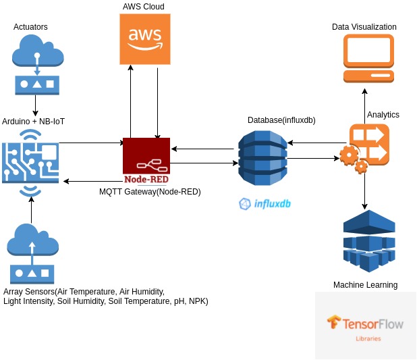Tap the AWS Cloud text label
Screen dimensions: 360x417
click(143, 7)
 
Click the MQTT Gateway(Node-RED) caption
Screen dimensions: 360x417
click(150, 192)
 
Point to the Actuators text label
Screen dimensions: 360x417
click(30, 27)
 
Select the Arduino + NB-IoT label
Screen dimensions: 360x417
click(34, 122)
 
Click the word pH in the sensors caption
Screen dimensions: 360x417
click(177, 301)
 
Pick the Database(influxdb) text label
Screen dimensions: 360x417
click(281, 120)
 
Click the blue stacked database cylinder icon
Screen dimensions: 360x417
click(262, 159)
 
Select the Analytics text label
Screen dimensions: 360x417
click(383, 115)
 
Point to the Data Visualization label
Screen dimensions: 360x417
click(364, 27)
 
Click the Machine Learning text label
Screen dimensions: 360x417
click(365, 285)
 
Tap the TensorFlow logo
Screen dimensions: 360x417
click(365, 324)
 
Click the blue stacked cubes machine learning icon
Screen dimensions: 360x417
click(368, 240)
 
